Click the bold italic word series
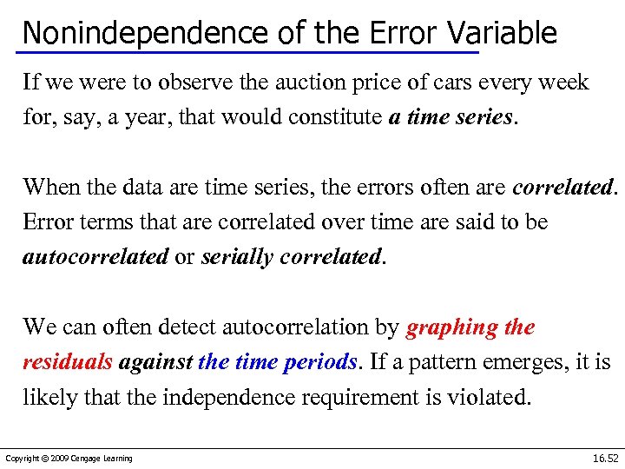tap(483, 116)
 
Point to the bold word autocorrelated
tap(95, 257)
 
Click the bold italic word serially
tap(238, 257)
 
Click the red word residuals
tap(67, 362)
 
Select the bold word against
tap(155, 362)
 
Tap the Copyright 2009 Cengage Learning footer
tap(69, 458)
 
